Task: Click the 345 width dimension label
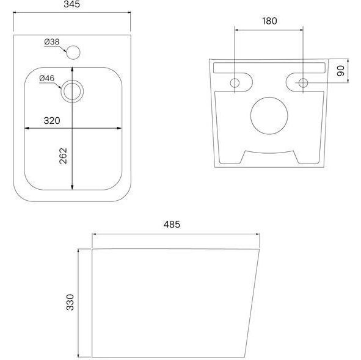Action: pos(72,4)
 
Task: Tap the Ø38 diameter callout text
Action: pos(52,42)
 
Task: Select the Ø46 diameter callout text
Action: pos(47,78)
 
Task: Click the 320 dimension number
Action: pos(52,121)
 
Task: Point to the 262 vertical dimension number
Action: pos(64,156)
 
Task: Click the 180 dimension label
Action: pos(269,21)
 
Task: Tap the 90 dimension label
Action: pos(340,71)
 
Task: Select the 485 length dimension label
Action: pos(172,225)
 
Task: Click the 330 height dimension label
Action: pos(70,302)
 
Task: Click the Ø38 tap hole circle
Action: pos(73,52)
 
